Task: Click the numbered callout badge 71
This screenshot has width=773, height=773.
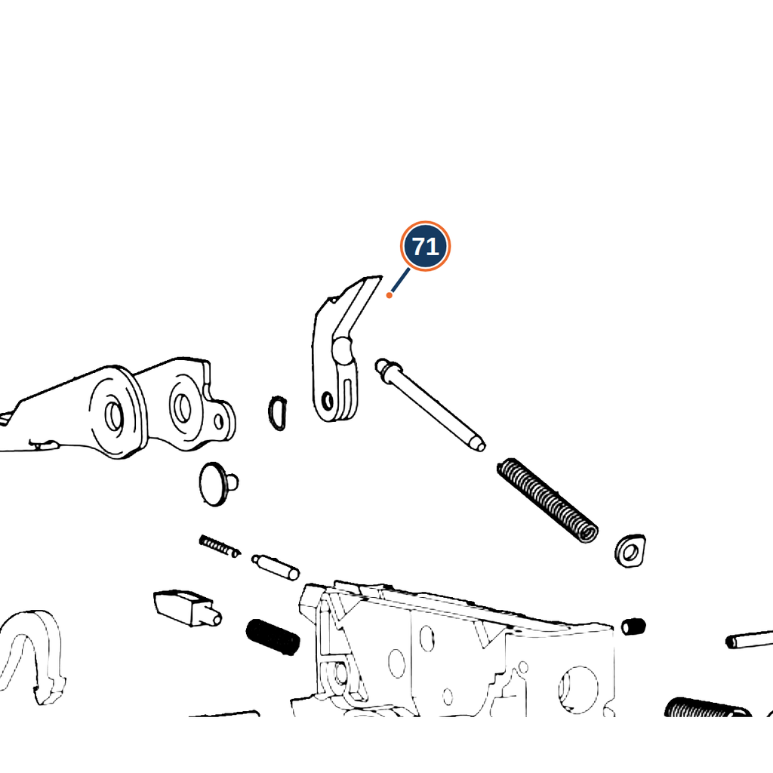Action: coord(425,246)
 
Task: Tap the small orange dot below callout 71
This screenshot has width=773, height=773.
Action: coord(389,295)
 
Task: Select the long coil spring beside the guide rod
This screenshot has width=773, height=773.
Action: coord(548,500)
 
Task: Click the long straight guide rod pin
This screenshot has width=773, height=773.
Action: coord(430,405)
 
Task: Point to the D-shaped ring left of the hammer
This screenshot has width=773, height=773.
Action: coord(278,413)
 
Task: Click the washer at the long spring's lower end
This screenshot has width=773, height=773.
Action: coord(630,550)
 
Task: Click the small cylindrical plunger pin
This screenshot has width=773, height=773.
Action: coord(275,567)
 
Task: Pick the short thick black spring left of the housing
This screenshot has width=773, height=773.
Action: coord(273,637)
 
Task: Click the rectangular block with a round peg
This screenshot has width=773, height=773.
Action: coord(187,608)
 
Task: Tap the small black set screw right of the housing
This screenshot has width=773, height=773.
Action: coord(633,627)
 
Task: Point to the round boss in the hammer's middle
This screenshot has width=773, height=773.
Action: coord(342,350)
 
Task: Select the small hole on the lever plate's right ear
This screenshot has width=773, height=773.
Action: coord(218,421)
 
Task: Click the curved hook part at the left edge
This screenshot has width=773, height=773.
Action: coord(32,657)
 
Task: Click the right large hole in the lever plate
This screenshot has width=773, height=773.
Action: coord(183,408)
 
